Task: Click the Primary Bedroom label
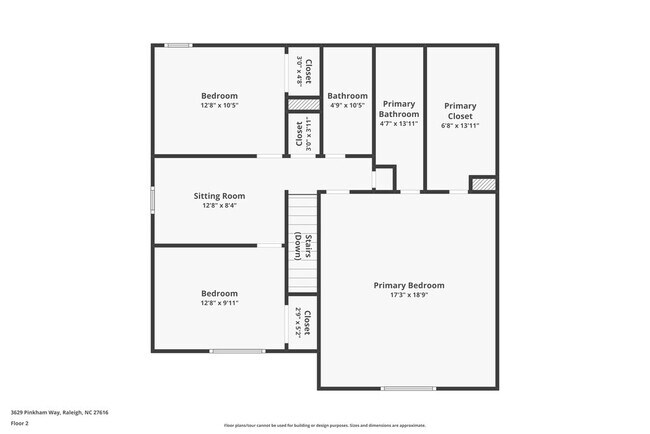tap(409, 285)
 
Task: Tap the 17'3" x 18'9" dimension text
tap(409, 296)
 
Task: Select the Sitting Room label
tap(219, 196)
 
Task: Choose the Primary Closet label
tap(460, 110)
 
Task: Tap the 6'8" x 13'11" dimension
tap(460, 126)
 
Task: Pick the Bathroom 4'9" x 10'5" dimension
tap(347, 105)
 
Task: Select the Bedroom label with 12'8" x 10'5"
tap(219, 96)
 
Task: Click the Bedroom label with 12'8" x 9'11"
tap(219, 293)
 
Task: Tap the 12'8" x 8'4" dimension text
tap(219, 206)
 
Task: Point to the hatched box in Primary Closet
tap(483, 184)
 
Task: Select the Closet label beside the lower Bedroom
tap(307, 323)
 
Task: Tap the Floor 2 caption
tap(20, 423)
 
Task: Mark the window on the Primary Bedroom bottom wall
tap(408, 388)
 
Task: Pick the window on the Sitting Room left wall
tap(152, 199)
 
